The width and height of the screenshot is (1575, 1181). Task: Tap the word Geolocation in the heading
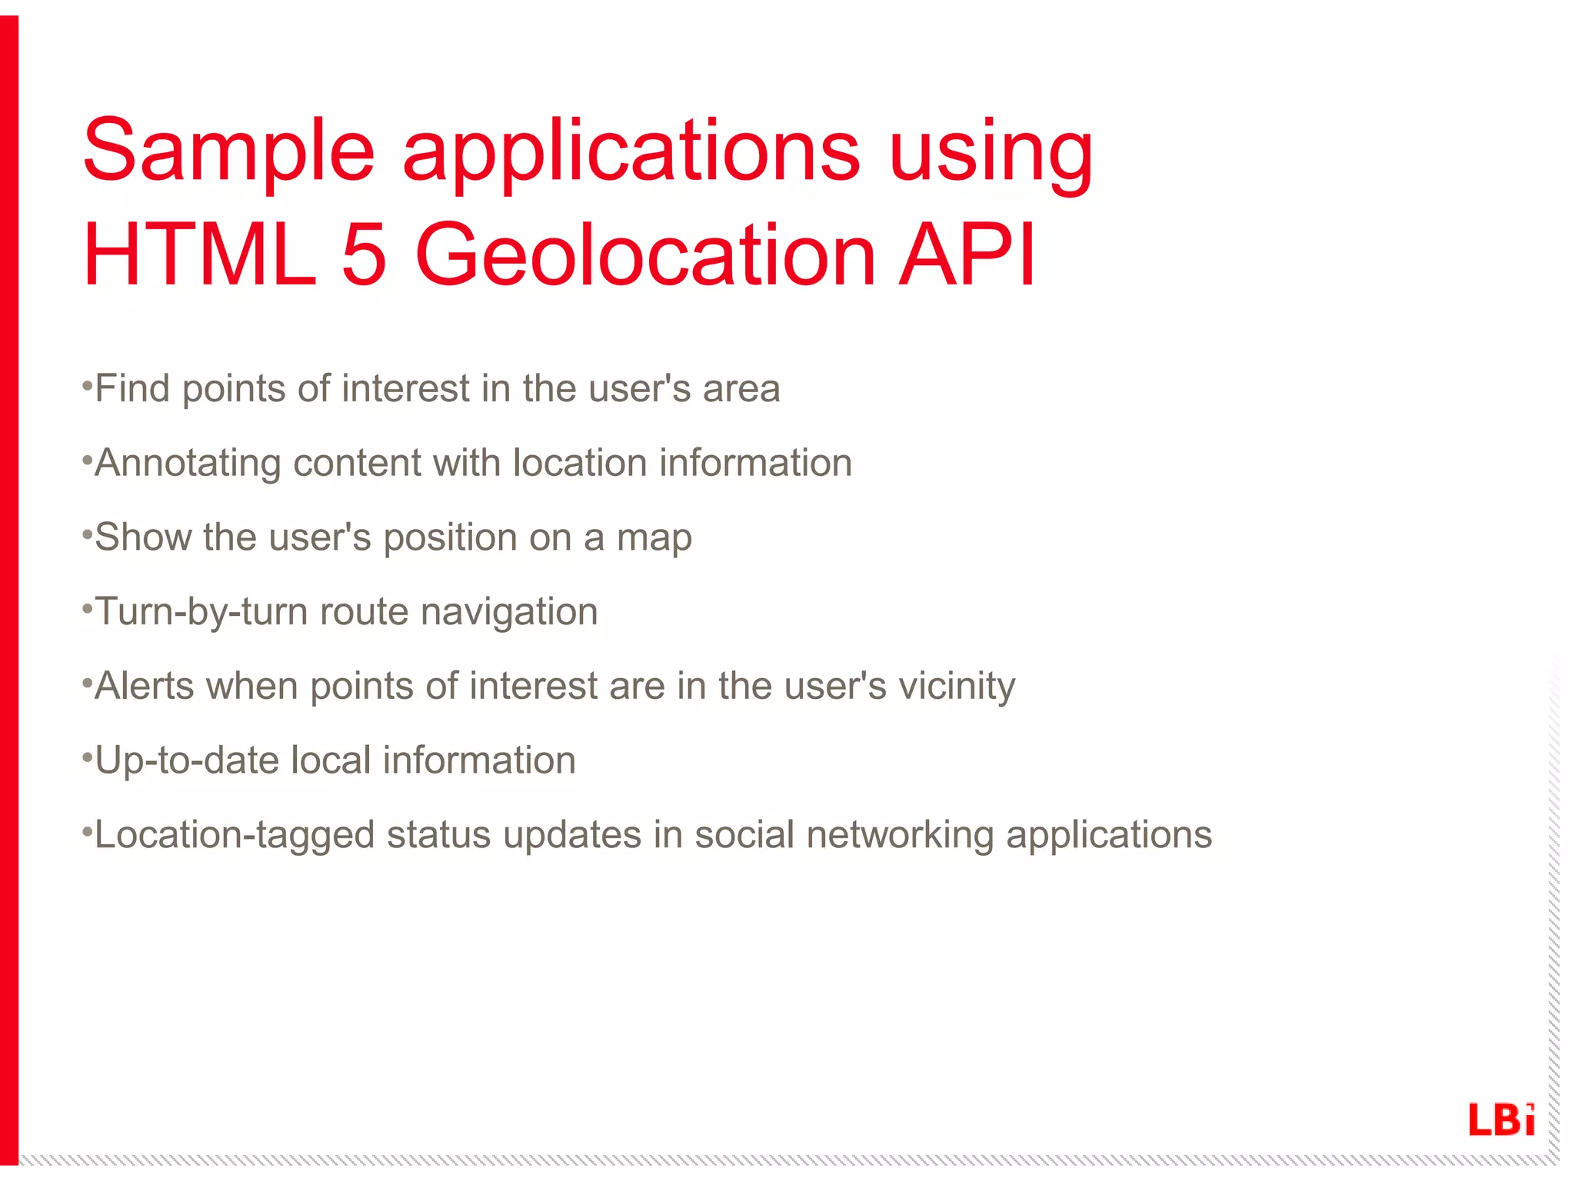pyautogui.click(x=645, y=254)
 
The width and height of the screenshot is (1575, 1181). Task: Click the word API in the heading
pyautogui.click(x=968, y=254)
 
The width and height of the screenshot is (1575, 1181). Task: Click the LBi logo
pyautogui.click(x=1500, y=1119)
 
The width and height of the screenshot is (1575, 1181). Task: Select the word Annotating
pyautogui.click(x=188, y=464)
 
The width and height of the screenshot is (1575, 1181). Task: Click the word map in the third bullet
pyautogui.click(x=654, y=538)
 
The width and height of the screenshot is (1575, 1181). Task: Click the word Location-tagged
pyautogui.click(x=235, y=836)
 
